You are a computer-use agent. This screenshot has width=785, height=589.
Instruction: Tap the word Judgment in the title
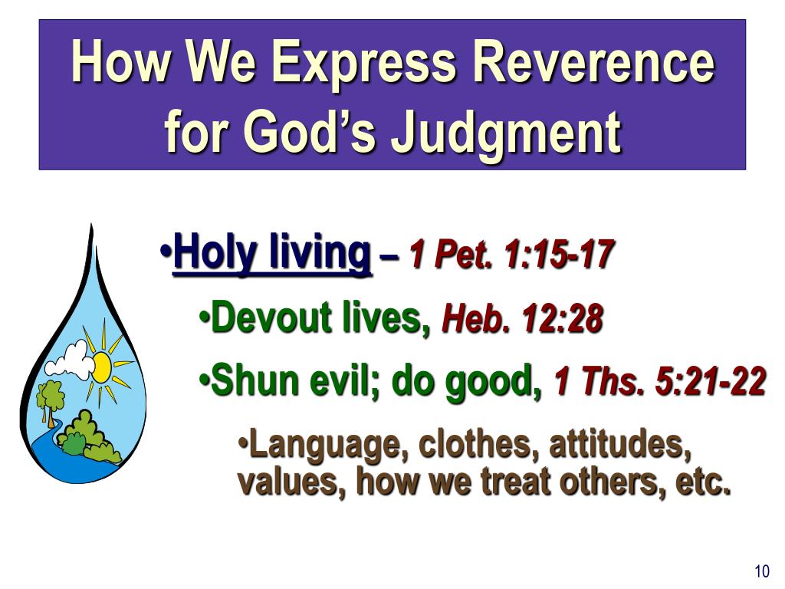505,131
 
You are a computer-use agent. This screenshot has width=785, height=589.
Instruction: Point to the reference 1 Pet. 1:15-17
511,254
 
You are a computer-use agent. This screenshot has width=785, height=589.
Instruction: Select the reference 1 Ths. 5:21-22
659,381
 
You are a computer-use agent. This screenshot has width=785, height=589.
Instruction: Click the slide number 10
761,571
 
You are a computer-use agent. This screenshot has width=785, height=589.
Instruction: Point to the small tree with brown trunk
51,400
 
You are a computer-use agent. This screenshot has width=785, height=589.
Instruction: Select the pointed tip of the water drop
91,228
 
